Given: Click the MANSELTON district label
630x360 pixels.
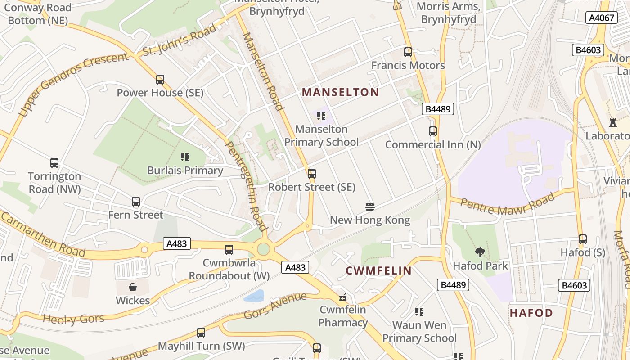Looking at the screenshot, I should [x=340, y=93].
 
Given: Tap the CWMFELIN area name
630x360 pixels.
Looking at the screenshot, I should [x=378, y=270].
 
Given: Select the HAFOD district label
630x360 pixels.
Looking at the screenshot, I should [x=531, y=313].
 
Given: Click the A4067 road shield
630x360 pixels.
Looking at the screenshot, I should [x=601, y=18].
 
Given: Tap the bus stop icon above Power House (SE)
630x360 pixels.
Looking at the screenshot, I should [x=160, y=80].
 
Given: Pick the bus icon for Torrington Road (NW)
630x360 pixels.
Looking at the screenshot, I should [x=54, y=163].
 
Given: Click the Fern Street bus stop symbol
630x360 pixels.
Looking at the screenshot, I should [x=136, y=202].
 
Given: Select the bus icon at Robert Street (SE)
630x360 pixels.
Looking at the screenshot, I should [x=312, y=174].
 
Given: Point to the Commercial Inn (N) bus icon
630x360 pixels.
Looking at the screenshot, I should [x=433, y=131].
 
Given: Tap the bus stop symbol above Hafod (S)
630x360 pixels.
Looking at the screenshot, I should [x=583, y=239].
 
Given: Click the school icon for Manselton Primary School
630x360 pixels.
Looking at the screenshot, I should [x=321, y=116].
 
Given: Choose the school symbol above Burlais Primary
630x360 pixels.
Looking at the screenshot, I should [x=185, y=157].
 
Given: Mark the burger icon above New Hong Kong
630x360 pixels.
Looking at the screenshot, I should [x=370, y=207].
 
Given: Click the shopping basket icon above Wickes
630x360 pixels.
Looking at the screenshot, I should [x=133, y=287].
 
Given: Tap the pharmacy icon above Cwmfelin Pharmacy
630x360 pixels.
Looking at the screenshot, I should [x=343, y=297].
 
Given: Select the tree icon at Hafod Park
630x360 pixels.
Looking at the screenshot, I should [x=480, y=252].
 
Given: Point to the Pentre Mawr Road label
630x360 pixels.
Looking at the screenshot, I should [x=508, y=206].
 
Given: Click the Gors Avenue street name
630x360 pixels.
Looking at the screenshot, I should [x=275, y=306].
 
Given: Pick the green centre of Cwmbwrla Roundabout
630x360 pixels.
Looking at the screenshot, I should [x=264, y=249].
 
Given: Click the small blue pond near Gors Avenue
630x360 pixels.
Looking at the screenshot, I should [x=255, y=296].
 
